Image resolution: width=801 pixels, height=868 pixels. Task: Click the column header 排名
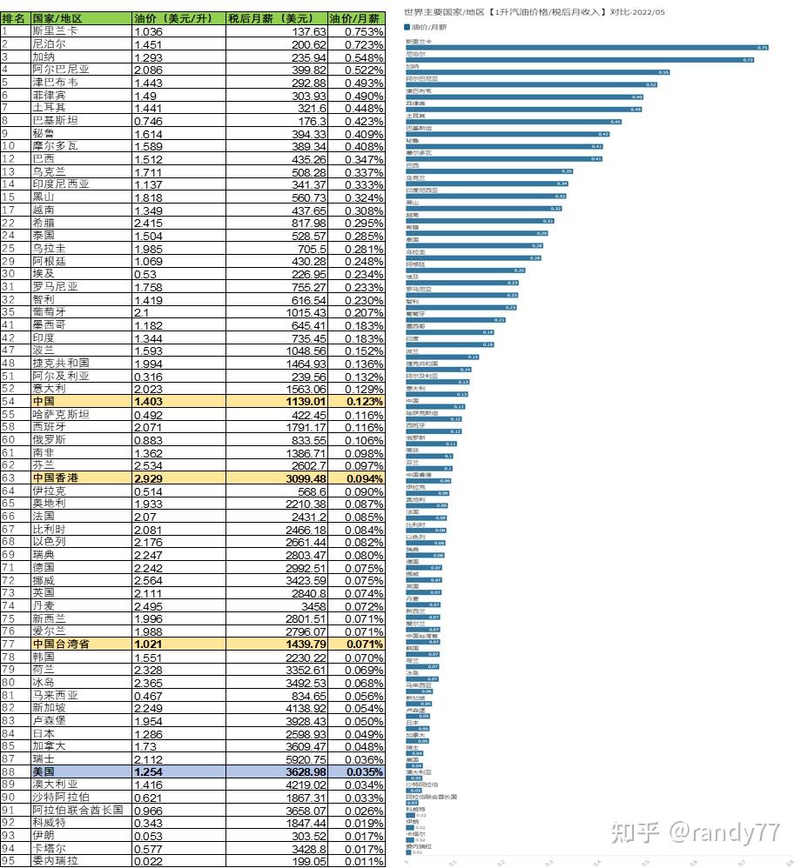pos(14,17)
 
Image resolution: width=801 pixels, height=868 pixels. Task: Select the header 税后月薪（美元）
pos(276,17)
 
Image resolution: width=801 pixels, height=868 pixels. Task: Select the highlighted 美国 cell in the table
pos(44,771)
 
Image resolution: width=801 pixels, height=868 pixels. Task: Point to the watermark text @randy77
pos(723,832)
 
